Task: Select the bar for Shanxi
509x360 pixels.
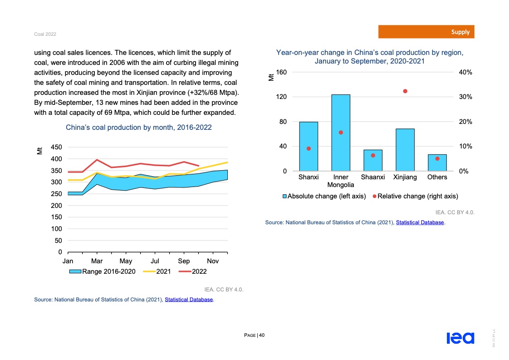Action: [x=308, y=146]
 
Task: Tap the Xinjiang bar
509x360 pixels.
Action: [x=405, y=150]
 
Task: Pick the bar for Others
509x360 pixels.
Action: [x=437, y=163]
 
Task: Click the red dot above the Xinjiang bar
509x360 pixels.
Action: [x=405, y=91]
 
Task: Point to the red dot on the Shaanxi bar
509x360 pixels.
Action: [x=373, y=155]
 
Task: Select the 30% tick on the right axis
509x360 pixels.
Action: [x=465, y=97]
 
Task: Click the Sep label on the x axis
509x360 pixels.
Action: [x=184, y=261]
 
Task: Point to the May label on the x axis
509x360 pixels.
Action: [x=126, y=261]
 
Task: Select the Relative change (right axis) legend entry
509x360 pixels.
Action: [x=415, y=197]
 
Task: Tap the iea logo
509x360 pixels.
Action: [x=460, y=338]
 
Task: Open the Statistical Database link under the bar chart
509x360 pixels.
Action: [x=420, y=222]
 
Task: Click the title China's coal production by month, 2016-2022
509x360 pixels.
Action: [x=139, y=128]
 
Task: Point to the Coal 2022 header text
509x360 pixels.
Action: [x=45, y=35]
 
